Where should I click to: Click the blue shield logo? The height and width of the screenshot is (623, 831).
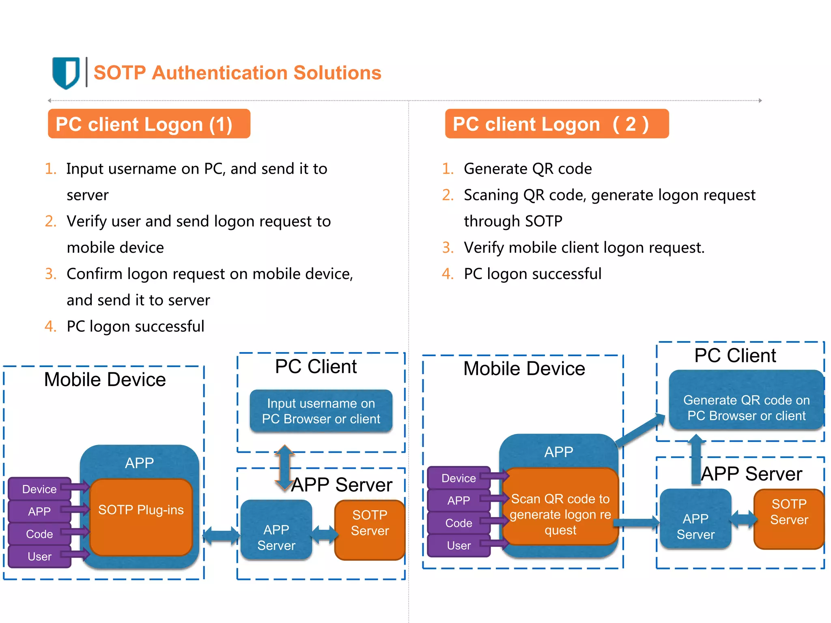[x=66, y=73]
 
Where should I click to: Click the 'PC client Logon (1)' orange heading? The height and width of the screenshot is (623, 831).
[x=149, y=124]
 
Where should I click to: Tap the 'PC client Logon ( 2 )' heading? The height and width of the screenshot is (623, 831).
[x=556, y=124]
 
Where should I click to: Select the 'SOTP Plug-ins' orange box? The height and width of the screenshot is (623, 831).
[x=141, y=517]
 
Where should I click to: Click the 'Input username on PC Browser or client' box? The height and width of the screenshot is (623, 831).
[x=321, y=411]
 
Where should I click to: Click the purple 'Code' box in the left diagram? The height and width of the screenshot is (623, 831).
[x=39, y=534]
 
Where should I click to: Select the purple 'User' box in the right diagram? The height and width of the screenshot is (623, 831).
[x=459, y=546]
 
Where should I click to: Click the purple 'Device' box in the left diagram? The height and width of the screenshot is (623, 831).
[x=39, y=489]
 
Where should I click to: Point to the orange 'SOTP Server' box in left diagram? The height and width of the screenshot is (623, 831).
[x=370, y=530]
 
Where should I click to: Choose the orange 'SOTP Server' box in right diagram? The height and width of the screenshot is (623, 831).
[x=789, y=519]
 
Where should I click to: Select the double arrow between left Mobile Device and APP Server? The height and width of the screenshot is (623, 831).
[x=221, y=536]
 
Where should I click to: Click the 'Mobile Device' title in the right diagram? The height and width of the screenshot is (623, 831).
[x=524, y=369]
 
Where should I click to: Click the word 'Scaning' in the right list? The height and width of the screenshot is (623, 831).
[x=491, y=195]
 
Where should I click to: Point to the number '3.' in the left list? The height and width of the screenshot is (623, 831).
[x=50, y=274]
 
